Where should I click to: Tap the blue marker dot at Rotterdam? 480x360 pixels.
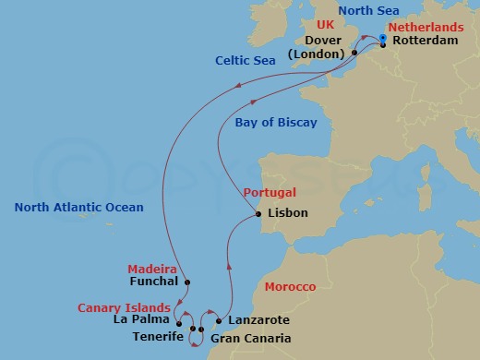coord(382,38)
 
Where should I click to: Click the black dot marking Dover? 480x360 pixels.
coord(354,54)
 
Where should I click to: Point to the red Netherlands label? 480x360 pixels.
coord(426,28)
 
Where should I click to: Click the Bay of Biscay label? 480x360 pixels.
coord(275,123)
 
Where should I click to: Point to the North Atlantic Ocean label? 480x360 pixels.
coord(78,207)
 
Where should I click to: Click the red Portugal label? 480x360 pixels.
coord(270,193)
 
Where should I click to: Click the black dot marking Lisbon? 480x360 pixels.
coord(258,216)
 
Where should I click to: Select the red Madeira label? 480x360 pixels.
coord(151,269)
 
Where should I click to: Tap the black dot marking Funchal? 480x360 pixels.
coord(187,282)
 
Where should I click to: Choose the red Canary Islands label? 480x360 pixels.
coord(124,307)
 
